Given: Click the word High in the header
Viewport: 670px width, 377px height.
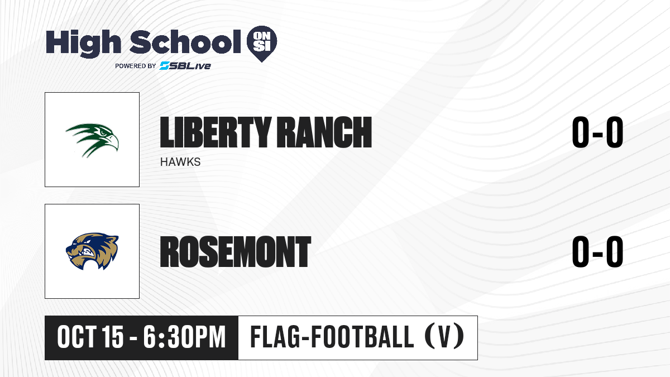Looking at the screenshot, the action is tap(83, 44).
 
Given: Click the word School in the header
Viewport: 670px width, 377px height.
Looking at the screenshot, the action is tap(185, 42).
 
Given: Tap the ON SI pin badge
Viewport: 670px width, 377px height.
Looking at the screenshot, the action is tap(262, 44).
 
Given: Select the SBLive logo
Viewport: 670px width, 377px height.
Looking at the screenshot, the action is tap(185, 66).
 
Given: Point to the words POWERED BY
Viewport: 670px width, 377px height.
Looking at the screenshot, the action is tap(136, 66).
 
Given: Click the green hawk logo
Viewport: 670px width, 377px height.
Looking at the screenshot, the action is tap(92, 140).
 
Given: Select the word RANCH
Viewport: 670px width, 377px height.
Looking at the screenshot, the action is tap(324, 132).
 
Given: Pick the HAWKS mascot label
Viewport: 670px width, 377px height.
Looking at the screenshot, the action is tap(180, 162).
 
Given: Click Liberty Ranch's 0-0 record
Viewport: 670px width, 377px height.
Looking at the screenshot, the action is tap(597, 132).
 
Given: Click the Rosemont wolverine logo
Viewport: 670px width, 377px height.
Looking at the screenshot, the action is tap(92, 251).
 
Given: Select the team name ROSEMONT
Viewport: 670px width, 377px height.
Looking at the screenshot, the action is tap(236, 252).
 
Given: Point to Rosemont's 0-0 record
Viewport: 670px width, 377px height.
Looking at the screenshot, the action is tap(597, 251).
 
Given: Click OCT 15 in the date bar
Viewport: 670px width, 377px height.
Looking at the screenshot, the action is tap(90, 337).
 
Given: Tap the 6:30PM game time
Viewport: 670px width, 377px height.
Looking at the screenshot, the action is tap(184, 337).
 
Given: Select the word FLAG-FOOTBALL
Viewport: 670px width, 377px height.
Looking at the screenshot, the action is tap(332, 337).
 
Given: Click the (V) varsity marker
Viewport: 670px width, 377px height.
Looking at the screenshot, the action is tap(444, 337).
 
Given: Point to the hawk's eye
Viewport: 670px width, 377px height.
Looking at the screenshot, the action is tap(103, 132).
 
